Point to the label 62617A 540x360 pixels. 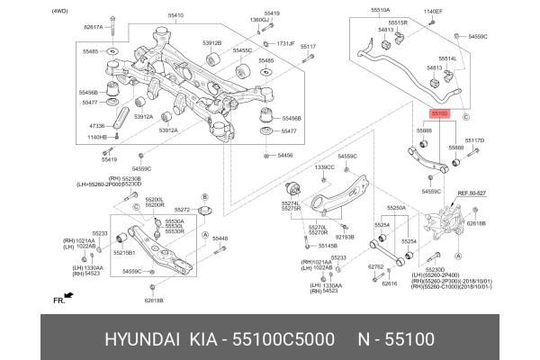pos(94,28)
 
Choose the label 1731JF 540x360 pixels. pos(285,43)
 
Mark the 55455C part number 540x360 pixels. pos(242,51)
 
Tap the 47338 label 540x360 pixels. pos(96,125)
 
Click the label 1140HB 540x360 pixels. pos(96,137)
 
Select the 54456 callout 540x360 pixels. pos(285,155)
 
